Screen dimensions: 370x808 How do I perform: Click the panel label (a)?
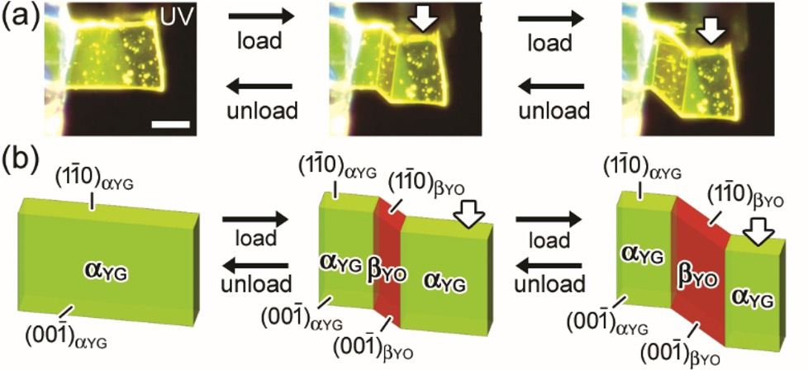point(17,17)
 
